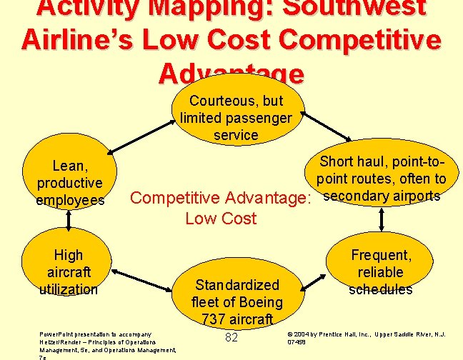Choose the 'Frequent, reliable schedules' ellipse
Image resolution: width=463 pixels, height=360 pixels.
tap(381, 272)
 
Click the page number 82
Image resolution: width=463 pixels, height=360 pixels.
tap(231, 337)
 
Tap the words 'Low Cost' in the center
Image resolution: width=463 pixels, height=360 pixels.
tap(220, 219)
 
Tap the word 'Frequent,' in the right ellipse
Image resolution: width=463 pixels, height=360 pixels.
tap(381, 255)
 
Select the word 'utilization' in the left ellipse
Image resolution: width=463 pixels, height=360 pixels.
tap(69, 289)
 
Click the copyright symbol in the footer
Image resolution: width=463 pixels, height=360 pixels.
tap(289, 334)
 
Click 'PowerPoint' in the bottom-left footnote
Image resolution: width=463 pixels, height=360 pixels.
tap(55, 334)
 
